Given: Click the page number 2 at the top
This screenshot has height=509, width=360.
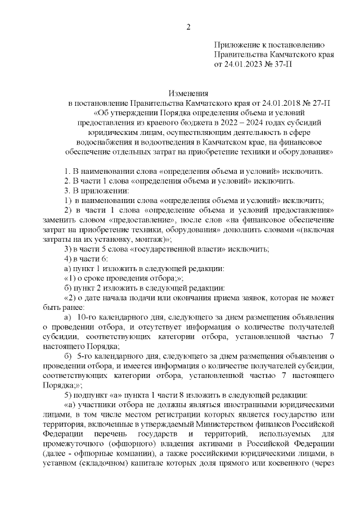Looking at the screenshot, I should [189, 26].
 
